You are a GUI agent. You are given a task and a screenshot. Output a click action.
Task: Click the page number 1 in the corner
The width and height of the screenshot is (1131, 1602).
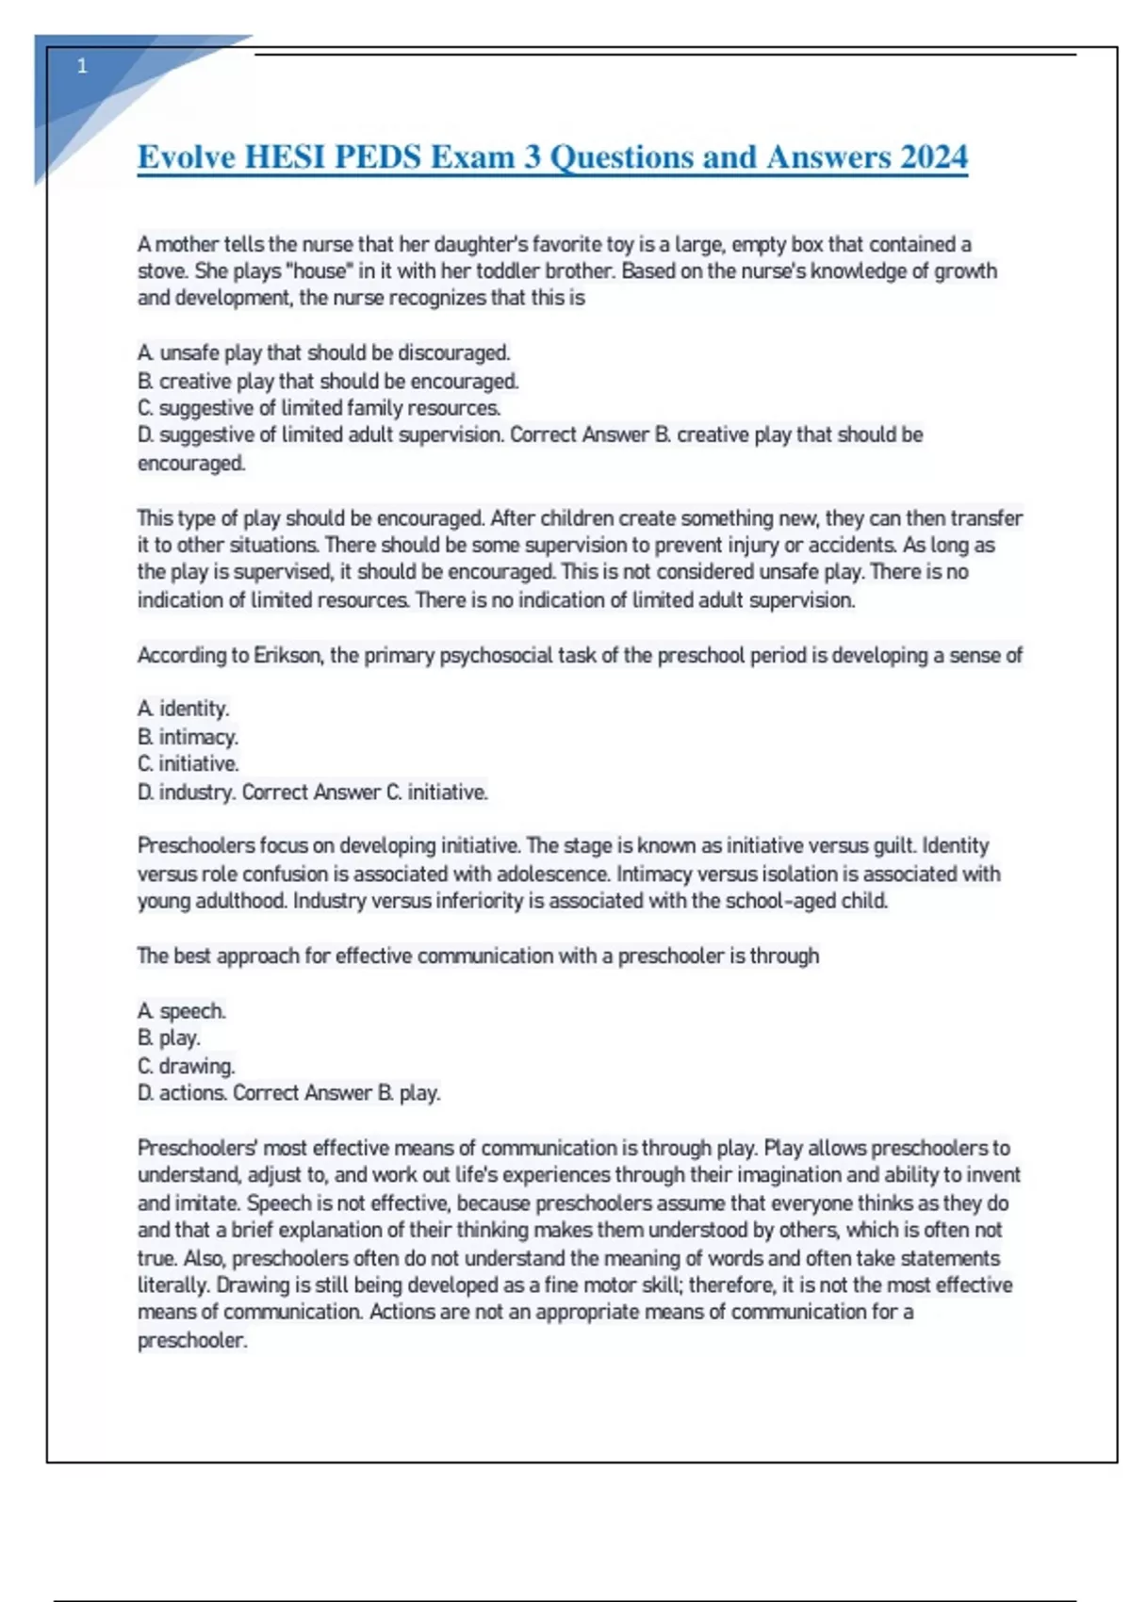82,66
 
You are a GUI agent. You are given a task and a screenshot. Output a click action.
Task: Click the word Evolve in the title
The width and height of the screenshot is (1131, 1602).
186,156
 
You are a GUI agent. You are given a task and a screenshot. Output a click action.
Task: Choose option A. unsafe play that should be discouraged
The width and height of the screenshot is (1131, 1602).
323,353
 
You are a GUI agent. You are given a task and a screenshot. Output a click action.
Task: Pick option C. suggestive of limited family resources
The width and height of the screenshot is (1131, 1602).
319,408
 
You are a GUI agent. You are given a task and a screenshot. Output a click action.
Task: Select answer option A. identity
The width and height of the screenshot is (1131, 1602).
184,709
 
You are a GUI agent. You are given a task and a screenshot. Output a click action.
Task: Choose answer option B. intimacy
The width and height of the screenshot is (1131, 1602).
188,736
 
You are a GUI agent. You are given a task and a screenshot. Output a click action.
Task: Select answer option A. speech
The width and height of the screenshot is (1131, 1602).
182,1011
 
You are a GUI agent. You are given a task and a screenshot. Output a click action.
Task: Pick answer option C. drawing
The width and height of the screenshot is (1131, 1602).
187,1066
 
